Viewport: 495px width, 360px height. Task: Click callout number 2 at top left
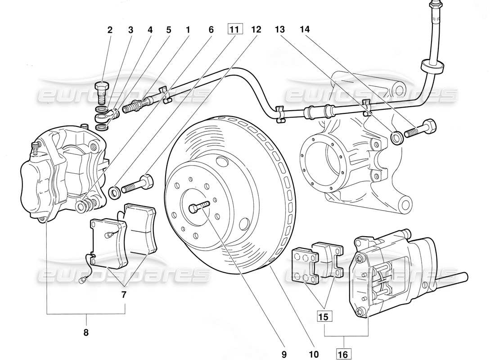point(110,30)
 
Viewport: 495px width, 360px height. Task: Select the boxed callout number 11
point(234,30)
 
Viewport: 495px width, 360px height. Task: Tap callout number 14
point(306,30)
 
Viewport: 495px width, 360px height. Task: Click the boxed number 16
point(343,355)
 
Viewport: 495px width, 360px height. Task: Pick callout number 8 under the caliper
point(86,333)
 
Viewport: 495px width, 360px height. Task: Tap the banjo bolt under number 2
point(103,92)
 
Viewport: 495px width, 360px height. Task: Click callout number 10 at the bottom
point(314,355)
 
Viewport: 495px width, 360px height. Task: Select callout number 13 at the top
point(280,30)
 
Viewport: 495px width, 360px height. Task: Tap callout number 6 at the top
point(211,30)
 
